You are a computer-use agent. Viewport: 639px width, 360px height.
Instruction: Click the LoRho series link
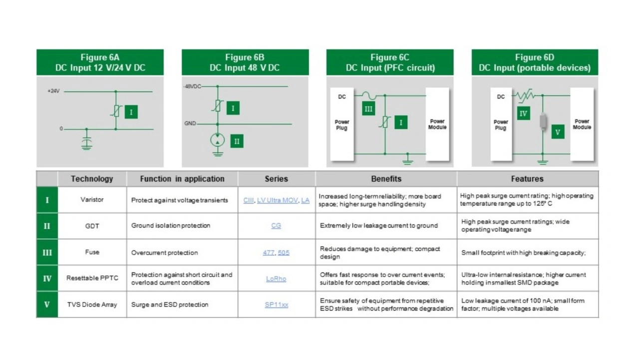276,279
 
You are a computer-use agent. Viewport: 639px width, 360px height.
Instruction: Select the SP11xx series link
277,305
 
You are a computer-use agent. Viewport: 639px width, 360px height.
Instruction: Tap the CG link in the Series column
276,226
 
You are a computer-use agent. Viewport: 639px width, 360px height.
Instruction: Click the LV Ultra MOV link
277,200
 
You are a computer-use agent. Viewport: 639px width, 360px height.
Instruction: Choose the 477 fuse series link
269,253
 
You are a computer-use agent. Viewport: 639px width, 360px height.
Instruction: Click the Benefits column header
386,179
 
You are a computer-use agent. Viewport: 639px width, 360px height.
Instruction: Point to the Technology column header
92,179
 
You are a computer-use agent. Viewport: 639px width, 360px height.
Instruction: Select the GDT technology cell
92,226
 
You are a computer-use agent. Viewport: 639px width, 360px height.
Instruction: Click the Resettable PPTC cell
92,278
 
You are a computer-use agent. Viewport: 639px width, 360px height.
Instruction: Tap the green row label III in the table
47,253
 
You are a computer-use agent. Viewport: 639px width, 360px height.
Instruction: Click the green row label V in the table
47,305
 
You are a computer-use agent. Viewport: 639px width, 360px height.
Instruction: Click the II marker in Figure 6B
237,141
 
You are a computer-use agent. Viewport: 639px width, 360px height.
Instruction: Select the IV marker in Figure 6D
524,113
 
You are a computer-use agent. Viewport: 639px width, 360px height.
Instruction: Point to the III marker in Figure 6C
368,109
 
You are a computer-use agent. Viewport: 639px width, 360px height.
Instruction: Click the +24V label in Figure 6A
53,91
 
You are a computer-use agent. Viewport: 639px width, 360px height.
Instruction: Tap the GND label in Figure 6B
190,123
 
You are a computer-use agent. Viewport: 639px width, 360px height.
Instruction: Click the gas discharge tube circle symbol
218,140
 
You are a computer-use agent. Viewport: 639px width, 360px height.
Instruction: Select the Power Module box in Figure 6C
437,124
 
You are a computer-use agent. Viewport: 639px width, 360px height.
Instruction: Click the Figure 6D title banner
535,62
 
